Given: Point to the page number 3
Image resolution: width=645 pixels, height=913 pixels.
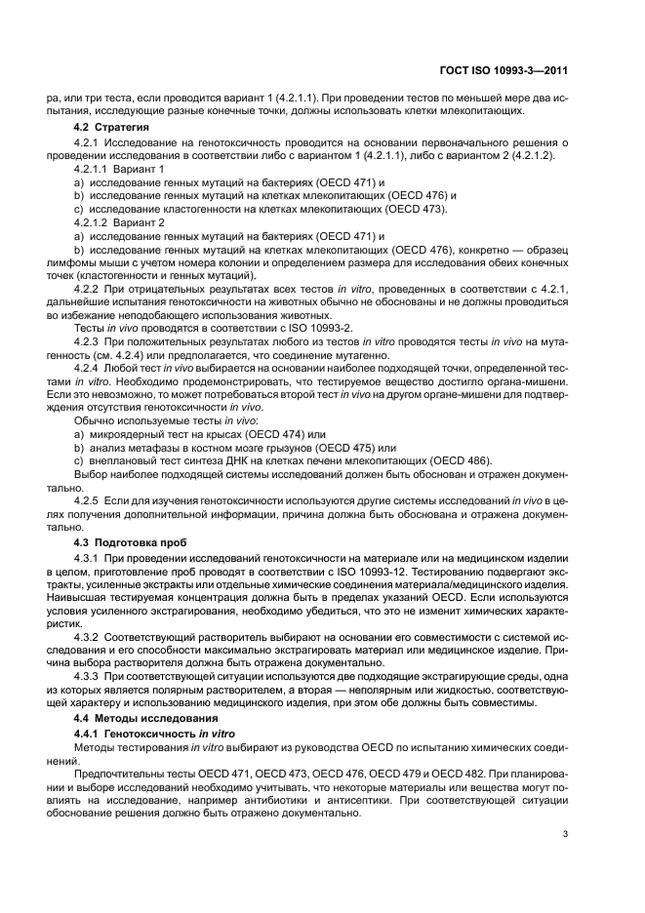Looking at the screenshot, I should [x=566, y=833].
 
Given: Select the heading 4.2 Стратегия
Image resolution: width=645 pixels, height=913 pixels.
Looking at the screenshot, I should [x=112, y=128].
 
